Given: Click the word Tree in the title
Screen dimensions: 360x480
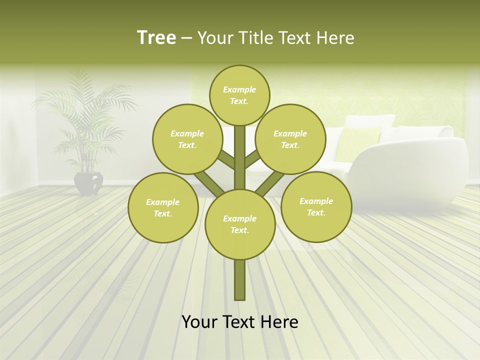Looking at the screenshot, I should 156,38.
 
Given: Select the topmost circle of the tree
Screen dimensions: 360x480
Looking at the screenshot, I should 239,95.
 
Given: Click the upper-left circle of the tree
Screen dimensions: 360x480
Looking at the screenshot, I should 187,139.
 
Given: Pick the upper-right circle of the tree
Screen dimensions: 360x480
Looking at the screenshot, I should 290,139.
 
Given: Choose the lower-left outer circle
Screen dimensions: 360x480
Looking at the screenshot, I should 163,207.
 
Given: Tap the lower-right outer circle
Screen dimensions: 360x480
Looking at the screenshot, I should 316,206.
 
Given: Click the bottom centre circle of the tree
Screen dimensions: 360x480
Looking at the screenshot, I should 240,224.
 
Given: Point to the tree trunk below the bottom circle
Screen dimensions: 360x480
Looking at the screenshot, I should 240,280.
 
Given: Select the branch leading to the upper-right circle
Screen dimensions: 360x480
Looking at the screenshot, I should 252,159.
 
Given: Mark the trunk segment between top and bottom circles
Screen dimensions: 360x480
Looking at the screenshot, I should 240,155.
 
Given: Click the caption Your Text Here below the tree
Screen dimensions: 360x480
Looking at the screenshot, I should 240,322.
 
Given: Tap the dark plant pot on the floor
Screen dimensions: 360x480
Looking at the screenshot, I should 88,182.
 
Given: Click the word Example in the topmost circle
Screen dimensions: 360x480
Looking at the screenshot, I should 239,89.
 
